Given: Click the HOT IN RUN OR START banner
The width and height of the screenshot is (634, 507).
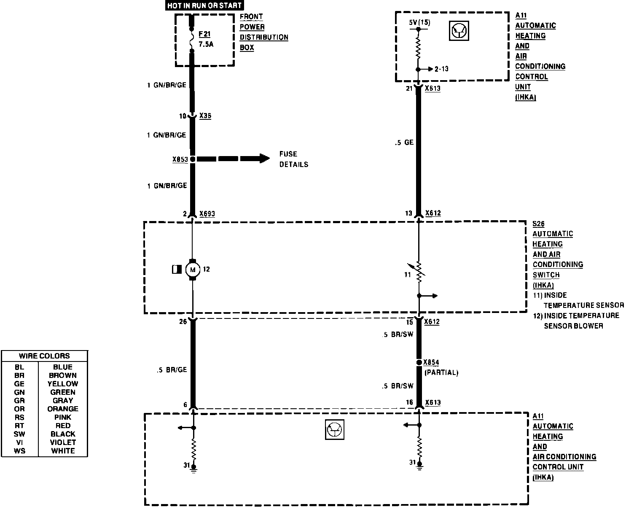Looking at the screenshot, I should pyautogui.click(x=204, y=5).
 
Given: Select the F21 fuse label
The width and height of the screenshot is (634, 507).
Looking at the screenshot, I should pyautogui.click(x=204, y=34).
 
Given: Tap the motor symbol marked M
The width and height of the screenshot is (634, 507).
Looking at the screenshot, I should pyautogui.click(x=193, y=270).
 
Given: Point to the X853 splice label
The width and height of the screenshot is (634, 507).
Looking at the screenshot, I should pyautogui.click(x=180, y=160).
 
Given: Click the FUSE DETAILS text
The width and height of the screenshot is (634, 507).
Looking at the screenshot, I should pyautogui.click(x=293, y=159).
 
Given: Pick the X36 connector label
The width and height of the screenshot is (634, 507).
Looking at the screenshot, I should pyautogui.click(x=205, y=116).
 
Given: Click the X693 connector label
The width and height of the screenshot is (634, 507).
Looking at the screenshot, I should pyautogui.click(x=207, y=214).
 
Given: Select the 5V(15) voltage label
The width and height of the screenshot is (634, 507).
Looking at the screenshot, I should pyautogui.click(x=419, y=22).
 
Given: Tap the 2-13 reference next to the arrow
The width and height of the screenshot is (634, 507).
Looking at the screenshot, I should pyautogui.click(x=441, y=69).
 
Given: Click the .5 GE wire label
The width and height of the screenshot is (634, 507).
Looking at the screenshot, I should pyautogui.click(x=404, y=143).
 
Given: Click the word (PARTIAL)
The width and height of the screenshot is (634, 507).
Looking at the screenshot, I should pyautogui.click(x=441, y=373).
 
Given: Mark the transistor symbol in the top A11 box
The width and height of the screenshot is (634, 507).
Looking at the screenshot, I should pyautogui.click(x=458, y=31).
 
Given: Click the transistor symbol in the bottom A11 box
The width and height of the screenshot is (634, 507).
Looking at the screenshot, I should pyautogui.click(x=335, y=430).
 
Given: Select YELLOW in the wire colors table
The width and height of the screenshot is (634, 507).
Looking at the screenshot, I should pyautogui.click(x=63, y=384).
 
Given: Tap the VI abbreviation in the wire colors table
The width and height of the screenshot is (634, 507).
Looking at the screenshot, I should pyautogui.click(x=19, y=442).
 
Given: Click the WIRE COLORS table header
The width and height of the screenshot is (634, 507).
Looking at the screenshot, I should pyautogui.click(x=44, y=356).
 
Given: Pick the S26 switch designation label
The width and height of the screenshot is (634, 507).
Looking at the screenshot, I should pyautogui.click(x=538, y=224).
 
